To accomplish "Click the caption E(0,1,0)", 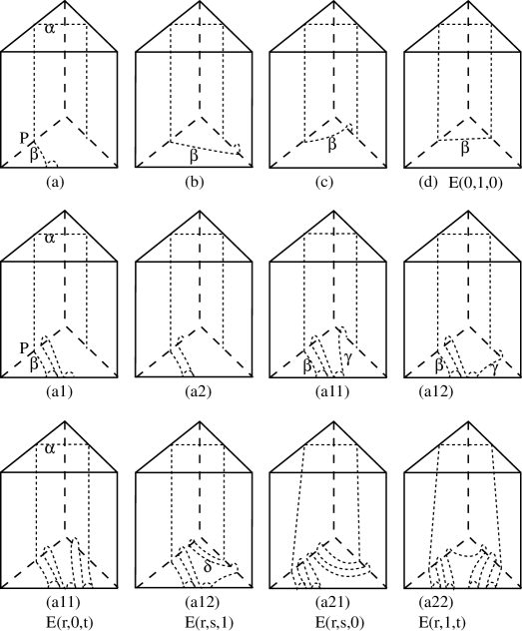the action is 475,183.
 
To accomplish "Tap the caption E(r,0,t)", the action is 70,622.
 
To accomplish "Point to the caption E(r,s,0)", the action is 337,622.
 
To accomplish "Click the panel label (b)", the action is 195,183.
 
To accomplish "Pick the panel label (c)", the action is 324,183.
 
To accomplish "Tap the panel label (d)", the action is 427,183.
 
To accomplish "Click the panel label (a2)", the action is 198,391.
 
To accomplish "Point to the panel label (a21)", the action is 332,602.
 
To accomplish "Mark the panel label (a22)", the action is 436,602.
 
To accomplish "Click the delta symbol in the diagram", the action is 208,567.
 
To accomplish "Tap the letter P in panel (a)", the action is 24,139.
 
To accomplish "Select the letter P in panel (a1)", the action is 24,348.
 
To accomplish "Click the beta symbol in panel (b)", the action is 195,156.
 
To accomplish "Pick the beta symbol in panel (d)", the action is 465,148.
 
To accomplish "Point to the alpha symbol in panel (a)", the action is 50,29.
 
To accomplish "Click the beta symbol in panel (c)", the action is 331,145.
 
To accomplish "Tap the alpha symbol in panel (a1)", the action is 50,239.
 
